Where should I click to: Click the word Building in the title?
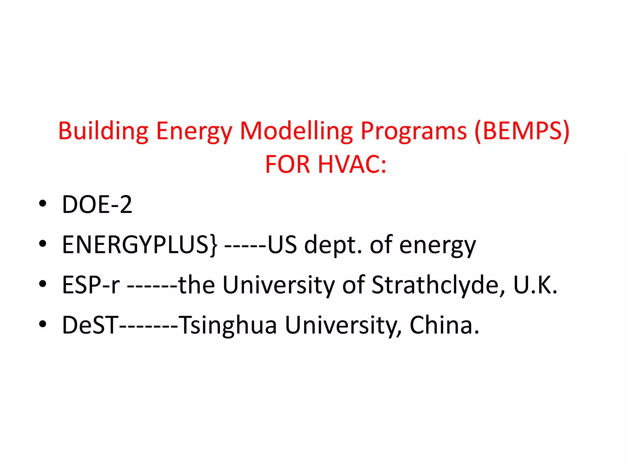coord(103,131)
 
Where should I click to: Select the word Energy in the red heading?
coord(194,131)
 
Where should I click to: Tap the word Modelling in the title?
coord(296,131)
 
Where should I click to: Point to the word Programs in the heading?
coord(413,131)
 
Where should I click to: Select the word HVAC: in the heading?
coord(352,165)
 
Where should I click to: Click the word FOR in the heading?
coord(288,165)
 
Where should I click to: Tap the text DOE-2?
coord(97,205)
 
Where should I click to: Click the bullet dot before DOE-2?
coord(43,203)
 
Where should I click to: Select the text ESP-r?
coord(91,285)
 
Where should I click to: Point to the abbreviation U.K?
coord(535,285)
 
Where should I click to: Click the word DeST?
coord(90,325)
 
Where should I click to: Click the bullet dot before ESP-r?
coord(43,284)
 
